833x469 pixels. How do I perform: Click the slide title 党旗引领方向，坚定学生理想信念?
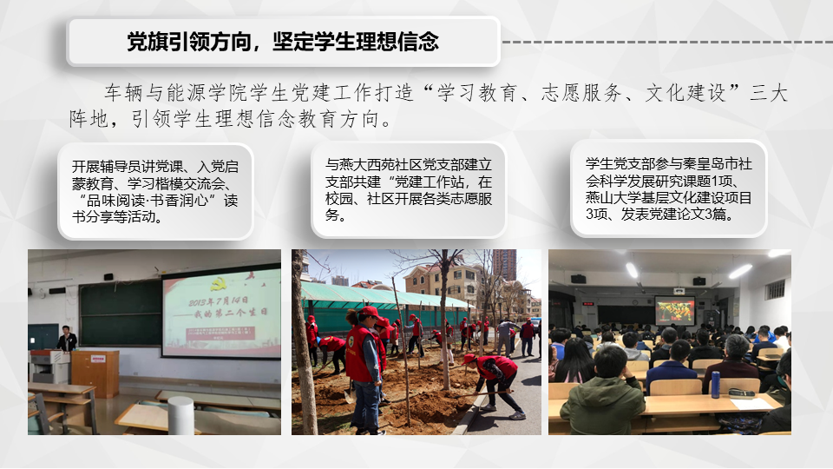(x=283, y=42)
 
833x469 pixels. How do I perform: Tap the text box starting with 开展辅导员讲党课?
(x=155, y=191)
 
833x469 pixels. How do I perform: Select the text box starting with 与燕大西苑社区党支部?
(x=409, y=190)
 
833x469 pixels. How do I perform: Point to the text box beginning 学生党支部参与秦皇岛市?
(x=669, y=188)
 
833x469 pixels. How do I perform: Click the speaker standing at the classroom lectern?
(x=67, y=338)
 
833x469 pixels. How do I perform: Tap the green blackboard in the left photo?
(x=121, y=312)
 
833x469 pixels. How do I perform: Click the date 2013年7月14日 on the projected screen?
(x=218, y=301)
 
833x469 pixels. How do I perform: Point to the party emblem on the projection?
(x=217, y=286)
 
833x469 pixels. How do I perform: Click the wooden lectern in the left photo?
(x=95, y=373)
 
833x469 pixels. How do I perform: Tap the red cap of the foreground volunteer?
(x=370, y=312)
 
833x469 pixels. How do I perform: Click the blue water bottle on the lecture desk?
(x=716, y=384)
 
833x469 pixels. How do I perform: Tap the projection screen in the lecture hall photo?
(x=675, y=311)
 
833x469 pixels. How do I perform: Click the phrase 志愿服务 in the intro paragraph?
(x=581, y=93)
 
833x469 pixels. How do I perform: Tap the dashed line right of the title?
(x=667, y=42)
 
